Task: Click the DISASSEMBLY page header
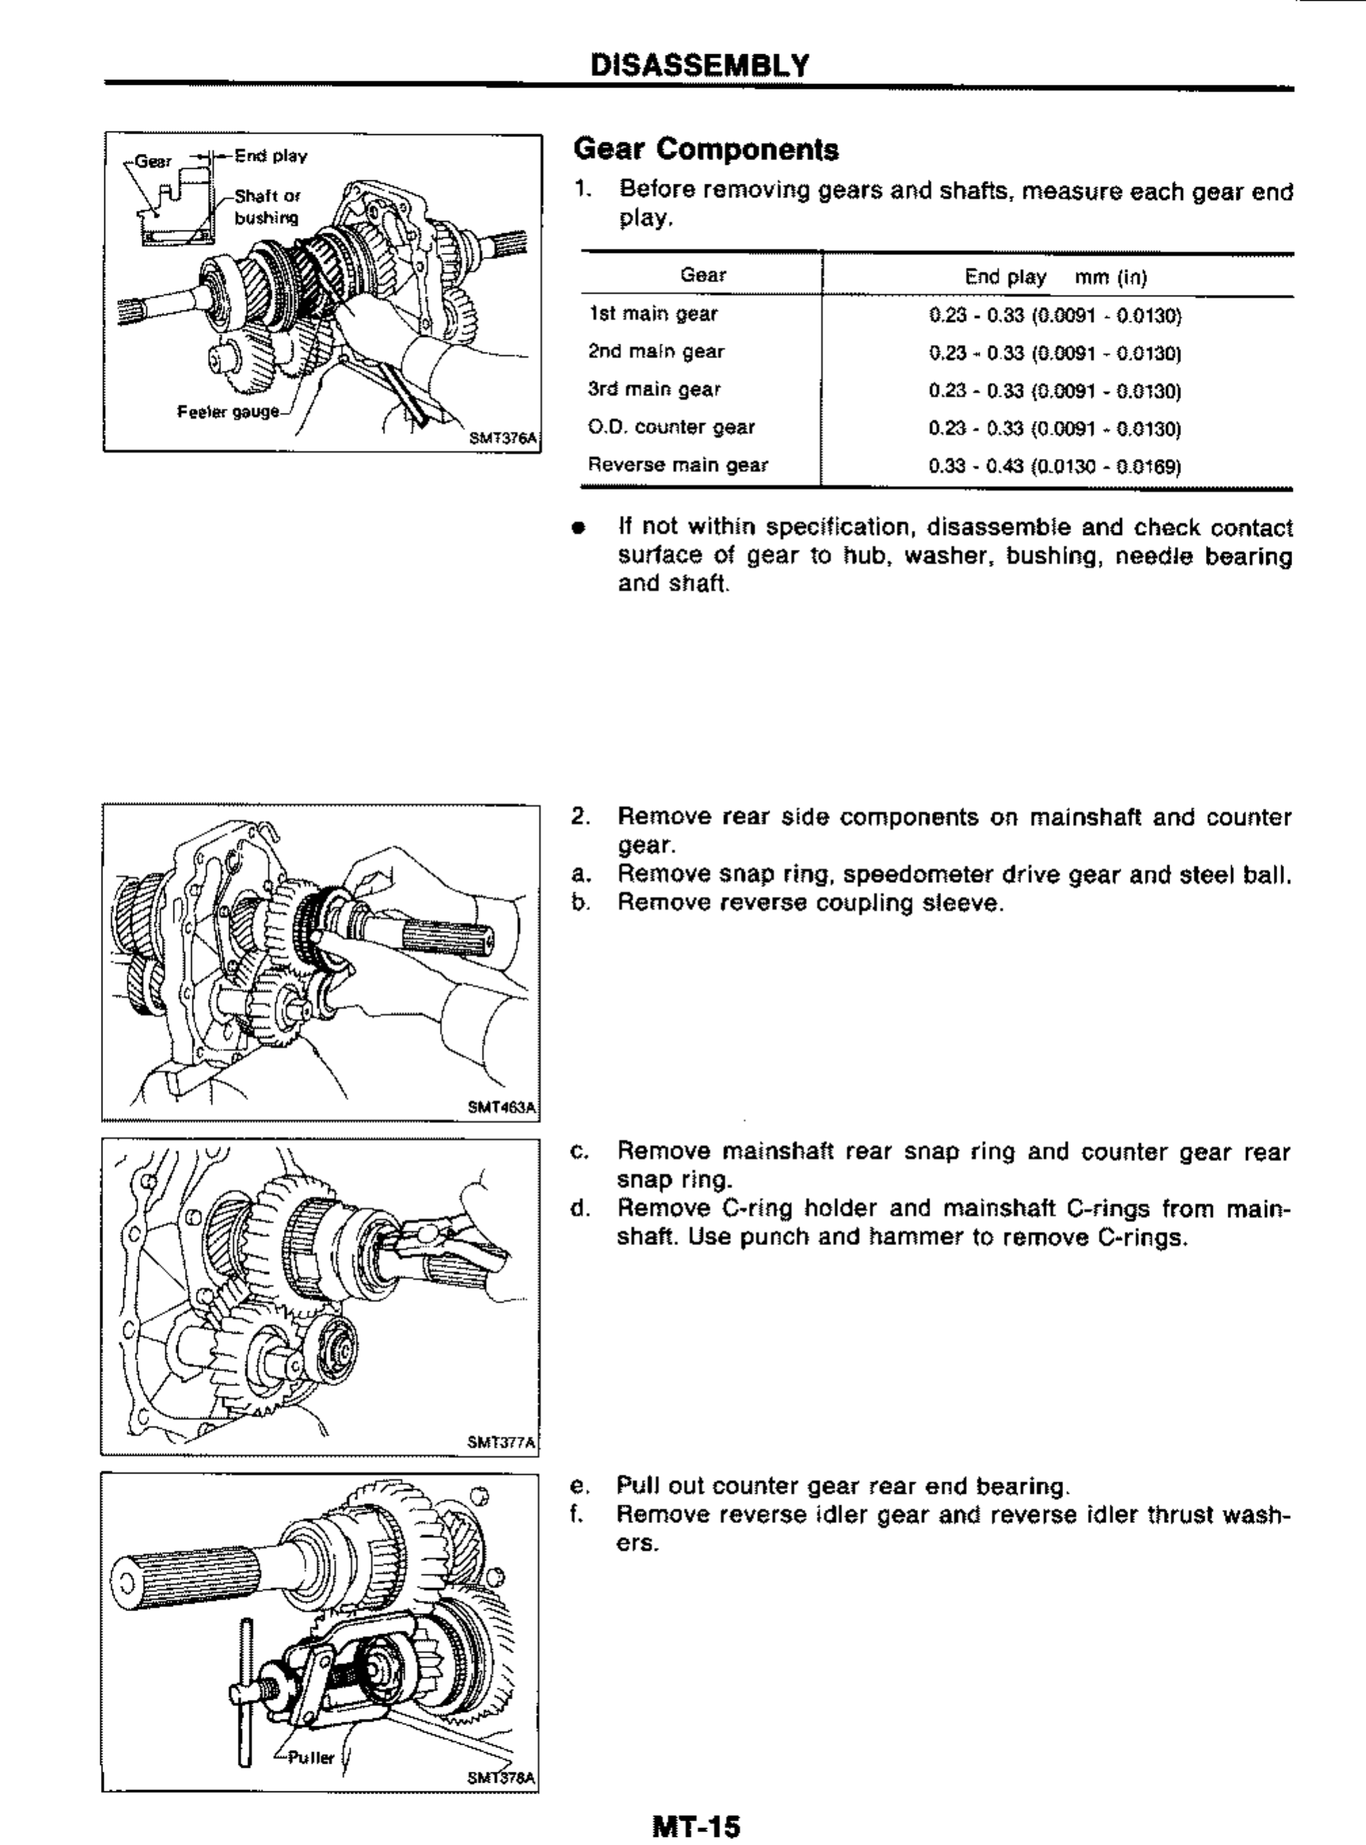point(699,65)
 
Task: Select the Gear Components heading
point(705,150)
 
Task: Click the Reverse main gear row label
point(677,465)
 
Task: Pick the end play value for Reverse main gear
point(1054,466)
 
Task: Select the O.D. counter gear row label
point(671,428)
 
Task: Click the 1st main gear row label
point(653,315)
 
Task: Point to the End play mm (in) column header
point(1055,277)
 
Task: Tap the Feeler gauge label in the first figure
point(228,411)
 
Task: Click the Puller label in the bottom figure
point(310,1758)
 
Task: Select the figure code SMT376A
point(503,439)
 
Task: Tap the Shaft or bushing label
point(266,207)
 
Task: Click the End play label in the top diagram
point(270,155)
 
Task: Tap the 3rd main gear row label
point(654,390)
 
